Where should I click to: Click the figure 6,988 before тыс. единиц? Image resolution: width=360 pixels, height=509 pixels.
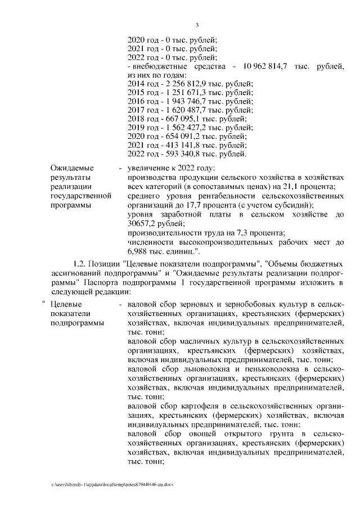[138, 250]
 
